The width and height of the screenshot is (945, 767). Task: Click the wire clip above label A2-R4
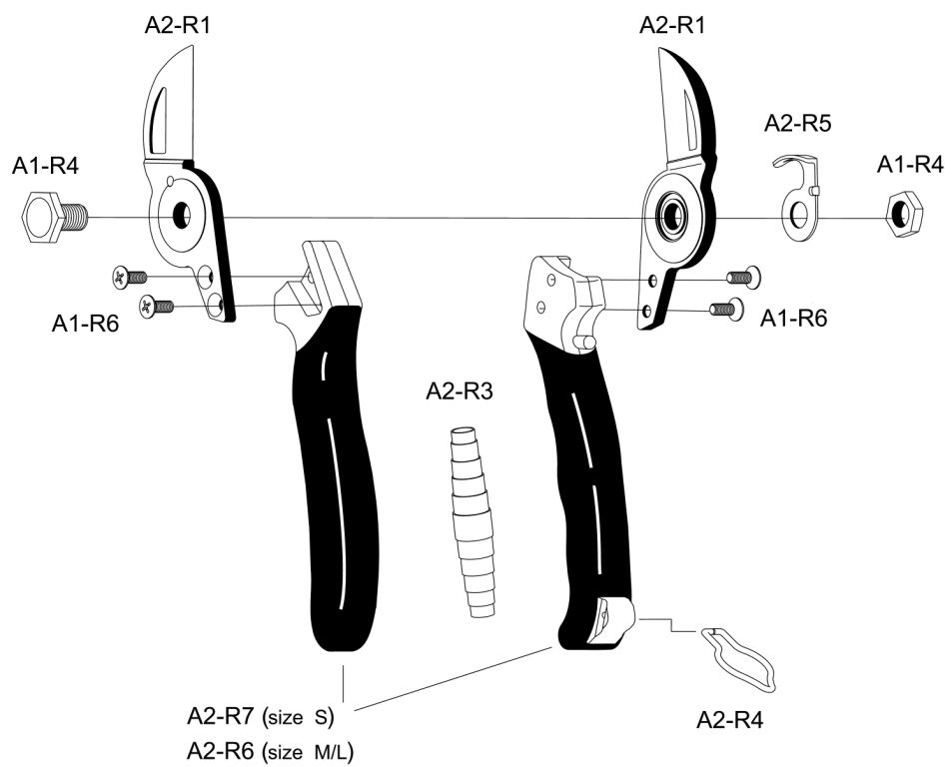click(742, 657)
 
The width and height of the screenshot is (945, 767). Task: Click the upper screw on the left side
click(130, 276)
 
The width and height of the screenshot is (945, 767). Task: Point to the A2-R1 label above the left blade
click(178, 25)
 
